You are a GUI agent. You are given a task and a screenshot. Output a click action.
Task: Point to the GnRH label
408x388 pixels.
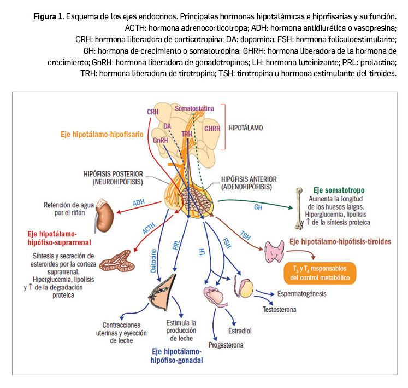point(160,140)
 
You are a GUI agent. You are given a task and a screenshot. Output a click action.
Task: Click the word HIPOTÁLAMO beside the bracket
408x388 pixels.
point(245,127)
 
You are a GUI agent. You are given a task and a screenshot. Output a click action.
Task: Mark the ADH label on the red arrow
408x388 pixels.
point(139,203)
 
